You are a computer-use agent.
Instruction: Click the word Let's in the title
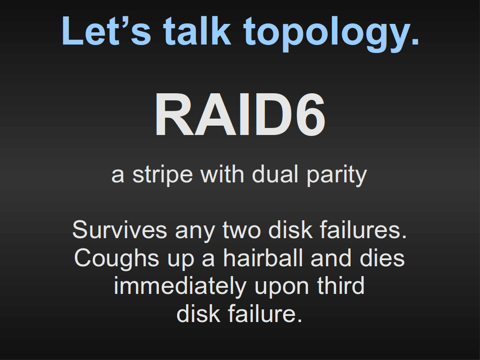click(106, 31)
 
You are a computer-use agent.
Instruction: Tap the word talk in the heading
click(197, 30)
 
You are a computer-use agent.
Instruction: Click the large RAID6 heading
click(240, 114)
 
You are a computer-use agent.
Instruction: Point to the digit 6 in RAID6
click(310, 114)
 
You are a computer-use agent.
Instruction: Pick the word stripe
click(163, 175)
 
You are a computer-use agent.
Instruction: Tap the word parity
click(337, 176)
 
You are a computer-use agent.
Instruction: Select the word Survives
click(120, 230)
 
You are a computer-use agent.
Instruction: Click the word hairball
click(263, 258)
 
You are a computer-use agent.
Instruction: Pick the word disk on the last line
click(198, 314)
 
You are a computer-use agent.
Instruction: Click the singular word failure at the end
click(265, 314)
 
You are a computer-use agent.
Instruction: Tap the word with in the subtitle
click(222, 174)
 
